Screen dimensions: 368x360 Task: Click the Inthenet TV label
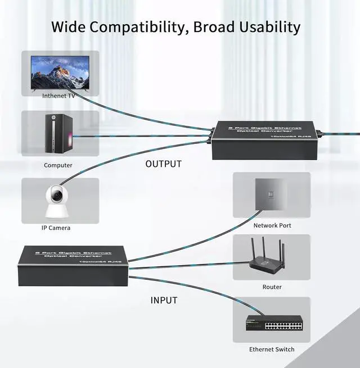[58, 96]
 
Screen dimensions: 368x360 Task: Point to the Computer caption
[58, 165]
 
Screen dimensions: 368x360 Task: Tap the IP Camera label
[56, 228]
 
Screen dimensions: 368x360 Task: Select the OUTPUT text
[164, 164]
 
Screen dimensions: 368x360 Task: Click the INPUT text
[164, 300]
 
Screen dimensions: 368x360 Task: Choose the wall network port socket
[272, 194]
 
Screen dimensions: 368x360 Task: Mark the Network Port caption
[272, 225]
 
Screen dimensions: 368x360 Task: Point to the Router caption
[272, 287]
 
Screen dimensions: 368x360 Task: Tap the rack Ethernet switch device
[274, 324]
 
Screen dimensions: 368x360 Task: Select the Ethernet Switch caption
[272, 349]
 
